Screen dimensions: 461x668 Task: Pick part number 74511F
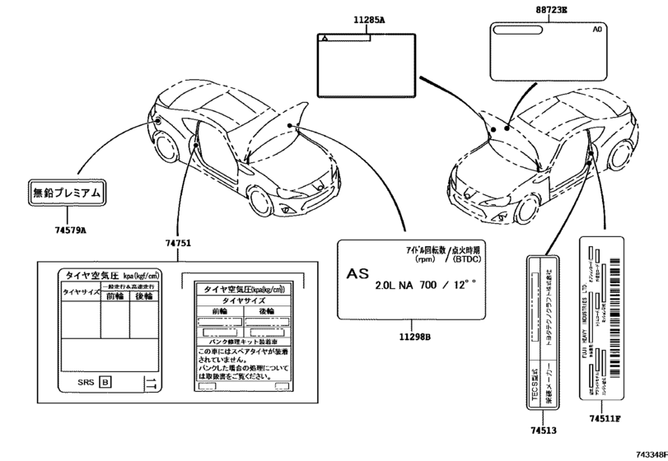coord(605,420)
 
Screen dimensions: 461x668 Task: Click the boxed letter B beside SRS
coord(105,381)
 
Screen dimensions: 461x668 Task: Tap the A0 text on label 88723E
coord(598,30)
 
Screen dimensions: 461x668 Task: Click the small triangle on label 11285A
coord(326,38)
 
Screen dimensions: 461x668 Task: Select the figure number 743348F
coord(651,454)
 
